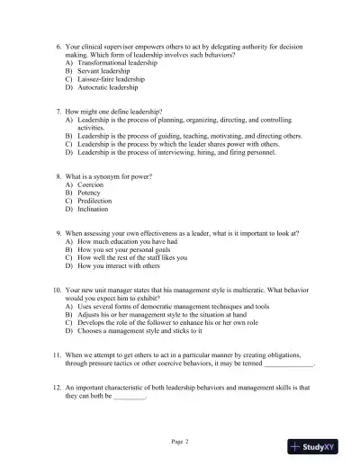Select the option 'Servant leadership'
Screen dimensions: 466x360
pos(102,71)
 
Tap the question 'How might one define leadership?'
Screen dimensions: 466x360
pos(117,112)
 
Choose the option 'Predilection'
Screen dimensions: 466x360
pos(94,201)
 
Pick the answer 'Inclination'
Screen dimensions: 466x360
pos(94,209)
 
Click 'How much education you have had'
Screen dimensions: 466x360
pos(123,242)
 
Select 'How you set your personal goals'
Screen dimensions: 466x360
pos(125,250)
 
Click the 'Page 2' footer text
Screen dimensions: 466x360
pos(180,441)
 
